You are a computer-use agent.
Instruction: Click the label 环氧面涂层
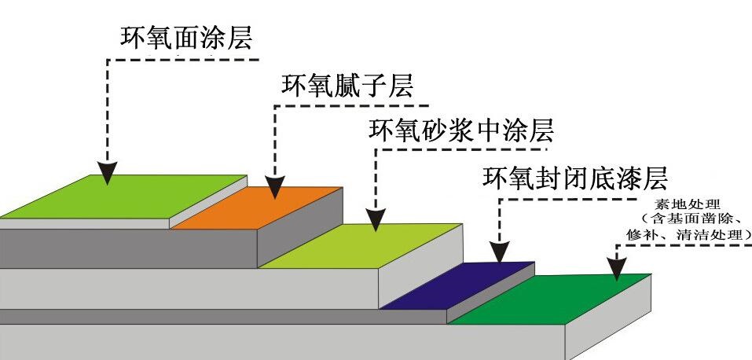tap(188, 37)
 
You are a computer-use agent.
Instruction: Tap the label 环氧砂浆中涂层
tap(461, 128)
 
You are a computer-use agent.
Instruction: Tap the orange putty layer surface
tap(259, 208)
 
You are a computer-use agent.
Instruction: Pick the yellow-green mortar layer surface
tap(361, 244)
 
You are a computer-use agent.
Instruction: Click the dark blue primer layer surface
tap(456, 287)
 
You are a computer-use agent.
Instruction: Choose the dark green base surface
tap(550, 299)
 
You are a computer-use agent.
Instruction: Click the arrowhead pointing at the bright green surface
tap(108, 174)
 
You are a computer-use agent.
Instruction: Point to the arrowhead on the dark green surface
tap(618, 270)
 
